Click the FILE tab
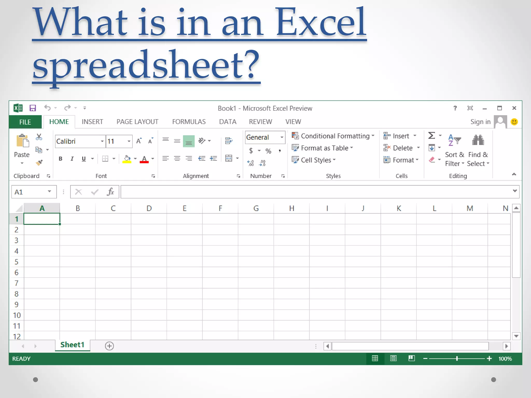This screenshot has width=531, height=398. click(25, 122)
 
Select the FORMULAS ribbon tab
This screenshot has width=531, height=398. click(189, 122)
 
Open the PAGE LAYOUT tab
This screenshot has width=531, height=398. click(137, 122)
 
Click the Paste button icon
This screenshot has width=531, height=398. click(22, 141)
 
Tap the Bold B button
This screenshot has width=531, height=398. click(60, 159)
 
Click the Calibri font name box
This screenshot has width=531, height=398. click(78, 141)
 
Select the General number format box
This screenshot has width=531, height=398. click(262, 137)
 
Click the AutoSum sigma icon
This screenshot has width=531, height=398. click(431, 136)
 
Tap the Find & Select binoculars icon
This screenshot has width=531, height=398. click(478, 140)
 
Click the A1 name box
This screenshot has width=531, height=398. click(30, 192)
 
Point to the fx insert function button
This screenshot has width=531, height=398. click(110, 192)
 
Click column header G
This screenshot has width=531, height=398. click(256, 208)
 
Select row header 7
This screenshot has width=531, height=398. click(16, 283)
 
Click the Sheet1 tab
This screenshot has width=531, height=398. click(72, 345)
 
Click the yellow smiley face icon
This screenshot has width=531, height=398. click(514, 122)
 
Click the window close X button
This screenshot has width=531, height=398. click(514, 108)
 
